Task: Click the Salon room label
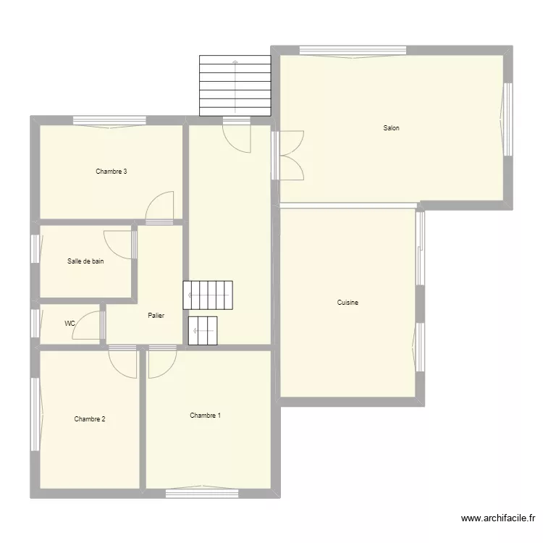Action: tap(391, 128)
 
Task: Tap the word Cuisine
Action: tap(348, 303)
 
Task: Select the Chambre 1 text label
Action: tap(206, 416)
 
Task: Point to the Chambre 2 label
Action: tap(90, 419)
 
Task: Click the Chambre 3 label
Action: tap(111, 172)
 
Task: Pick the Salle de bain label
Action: tap(85, 261)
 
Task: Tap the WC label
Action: tap(70, 324)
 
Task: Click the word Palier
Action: tap(155, 316)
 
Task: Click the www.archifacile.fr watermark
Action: tap(497, 518)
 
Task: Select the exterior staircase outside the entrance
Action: tap(235, 86)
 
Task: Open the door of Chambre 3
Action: tap(160, 207)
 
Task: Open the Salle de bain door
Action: tap(119, 244)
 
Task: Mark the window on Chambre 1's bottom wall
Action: tap(202, 493)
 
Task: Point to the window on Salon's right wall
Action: tap(508, 119)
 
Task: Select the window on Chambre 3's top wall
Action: tap(109, 121)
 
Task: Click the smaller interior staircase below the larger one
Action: tap(203, 330)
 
